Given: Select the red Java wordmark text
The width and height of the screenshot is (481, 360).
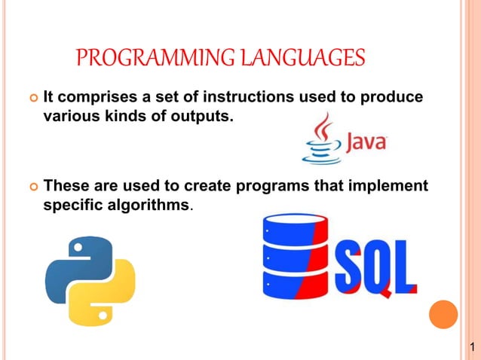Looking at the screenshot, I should [366, 142].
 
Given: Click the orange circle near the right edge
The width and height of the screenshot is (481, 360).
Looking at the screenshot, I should [443, 313].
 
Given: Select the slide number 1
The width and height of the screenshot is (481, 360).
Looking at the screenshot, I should [471, 350].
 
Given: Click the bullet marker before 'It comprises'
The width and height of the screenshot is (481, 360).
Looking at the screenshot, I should [32, 99].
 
